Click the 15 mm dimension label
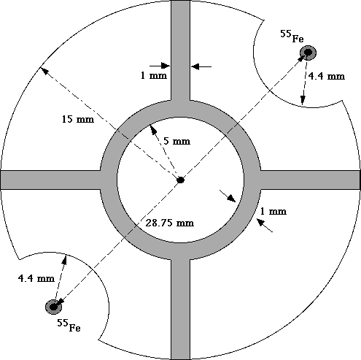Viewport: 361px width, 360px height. pos(78,119)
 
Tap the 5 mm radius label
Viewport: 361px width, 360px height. pos(176,141)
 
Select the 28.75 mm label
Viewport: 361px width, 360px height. pos(170,223)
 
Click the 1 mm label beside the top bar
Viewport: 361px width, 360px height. pos(154,75)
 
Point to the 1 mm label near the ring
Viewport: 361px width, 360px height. pos(273,211)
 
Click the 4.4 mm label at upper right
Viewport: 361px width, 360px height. pos(326,76)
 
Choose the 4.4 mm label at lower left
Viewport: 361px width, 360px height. pos(36,278)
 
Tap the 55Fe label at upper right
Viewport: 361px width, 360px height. pos(292,37)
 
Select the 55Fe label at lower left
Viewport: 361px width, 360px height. pos(69,325)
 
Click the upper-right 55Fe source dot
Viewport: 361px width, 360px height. pos(308,53)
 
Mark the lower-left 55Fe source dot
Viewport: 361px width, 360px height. pos(53,307)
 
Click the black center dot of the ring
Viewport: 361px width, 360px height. pos(180,180)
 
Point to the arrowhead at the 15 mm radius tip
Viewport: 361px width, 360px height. pos(44,71)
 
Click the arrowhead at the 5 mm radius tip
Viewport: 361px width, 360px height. pos(153,129)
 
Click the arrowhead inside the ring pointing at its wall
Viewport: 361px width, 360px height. pos(232,199)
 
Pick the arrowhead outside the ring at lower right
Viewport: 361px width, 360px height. pos(261,223)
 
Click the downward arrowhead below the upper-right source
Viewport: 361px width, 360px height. pos(303,100)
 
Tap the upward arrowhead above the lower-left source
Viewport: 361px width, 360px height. pos(64,260)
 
